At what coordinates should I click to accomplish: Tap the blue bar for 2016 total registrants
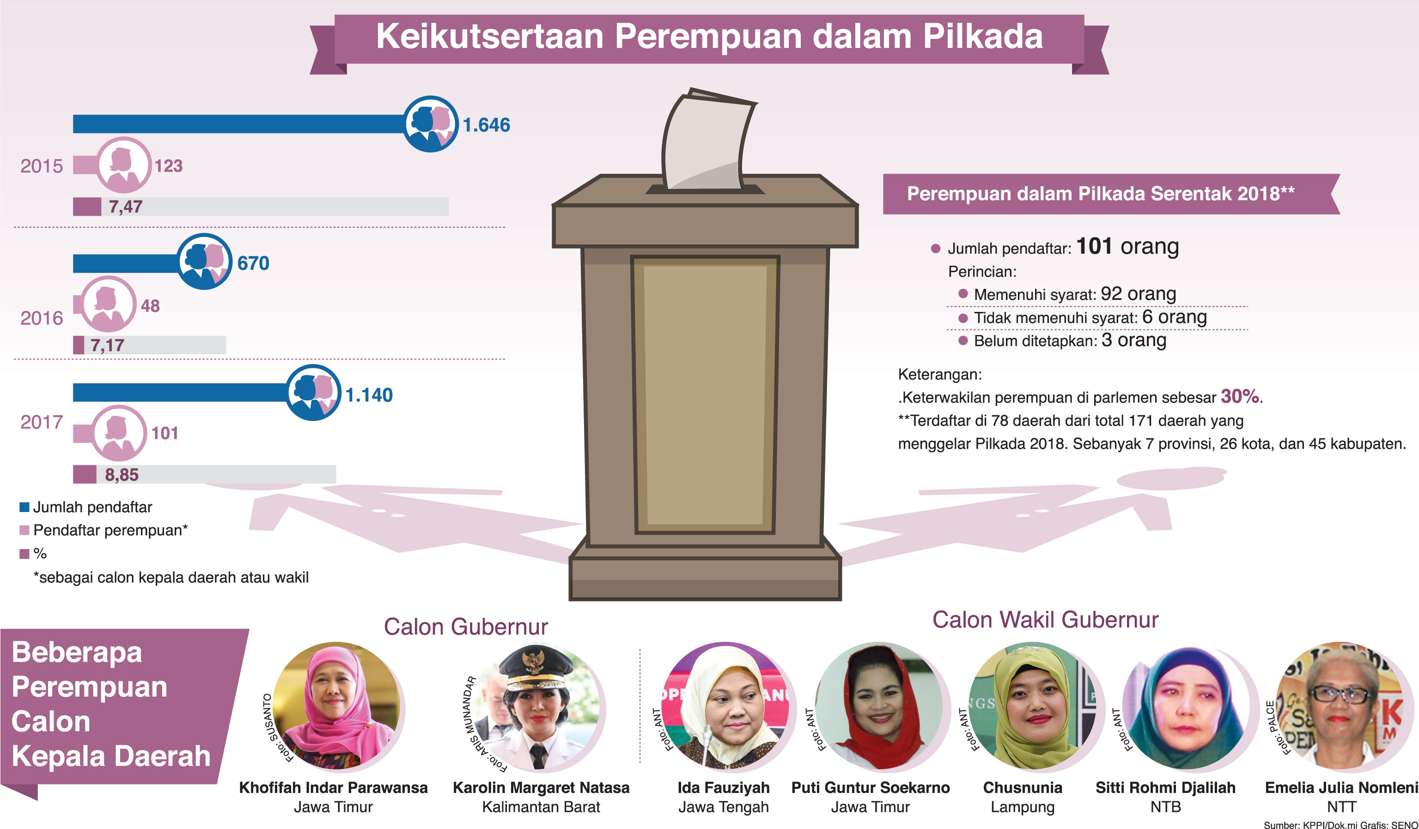126,263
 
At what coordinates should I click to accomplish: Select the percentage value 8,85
122,475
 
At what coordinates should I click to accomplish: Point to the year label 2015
42,166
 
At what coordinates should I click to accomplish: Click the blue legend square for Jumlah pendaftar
24,507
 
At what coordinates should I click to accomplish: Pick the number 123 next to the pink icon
168,165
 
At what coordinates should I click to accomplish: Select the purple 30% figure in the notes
1239,396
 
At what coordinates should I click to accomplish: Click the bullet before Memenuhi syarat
963,293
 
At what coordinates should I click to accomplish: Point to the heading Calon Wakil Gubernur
1045,620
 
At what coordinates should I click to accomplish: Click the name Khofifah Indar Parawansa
333,787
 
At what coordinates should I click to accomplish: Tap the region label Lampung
1023,807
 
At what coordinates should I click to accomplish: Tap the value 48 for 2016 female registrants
150,306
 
